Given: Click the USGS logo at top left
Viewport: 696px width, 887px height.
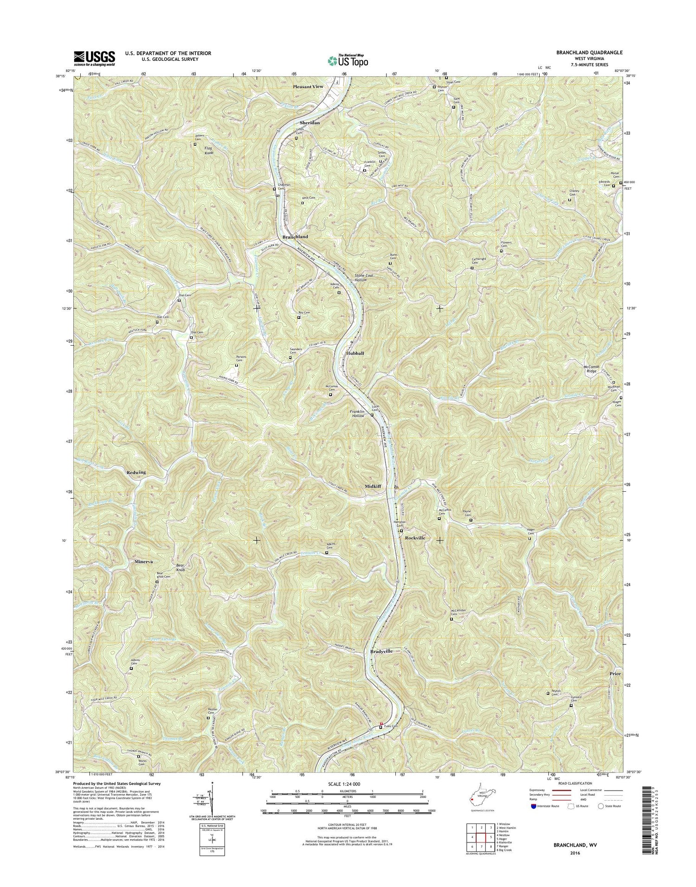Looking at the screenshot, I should [94, 58].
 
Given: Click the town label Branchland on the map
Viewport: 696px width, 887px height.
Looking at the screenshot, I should [295, 237].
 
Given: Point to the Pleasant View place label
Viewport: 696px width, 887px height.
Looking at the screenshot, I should [308, 87].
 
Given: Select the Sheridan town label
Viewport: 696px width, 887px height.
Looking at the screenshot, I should [309, 122].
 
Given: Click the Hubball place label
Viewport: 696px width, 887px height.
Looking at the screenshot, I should [355, 353].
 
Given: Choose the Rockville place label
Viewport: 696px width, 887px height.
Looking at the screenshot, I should [415, 538].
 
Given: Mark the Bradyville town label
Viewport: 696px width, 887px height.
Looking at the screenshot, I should [381, 651].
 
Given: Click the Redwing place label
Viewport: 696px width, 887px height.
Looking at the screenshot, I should [136, 472].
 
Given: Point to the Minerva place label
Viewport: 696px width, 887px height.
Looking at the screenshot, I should [143, 561].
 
